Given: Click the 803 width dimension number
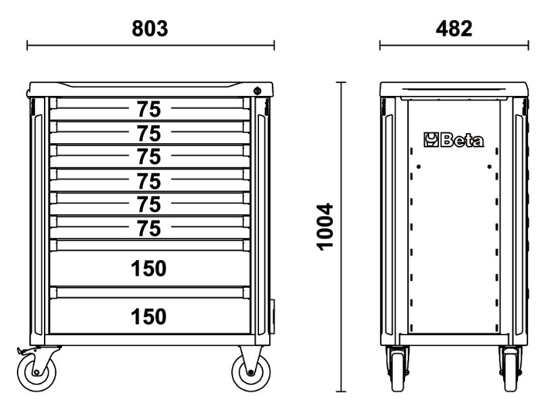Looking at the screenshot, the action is coord(149,28).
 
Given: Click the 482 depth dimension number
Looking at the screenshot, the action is coord(454,28).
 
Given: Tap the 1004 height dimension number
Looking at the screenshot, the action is coord(325,227).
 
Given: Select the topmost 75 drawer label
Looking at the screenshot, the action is coord(149,109).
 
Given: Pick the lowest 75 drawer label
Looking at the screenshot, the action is coord(149,228).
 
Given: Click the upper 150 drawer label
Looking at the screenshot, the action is coord(149,268).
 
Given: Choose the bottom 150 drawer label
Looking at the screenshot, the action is coord(149,316).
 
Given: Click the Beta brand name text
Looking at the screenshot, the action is coord(462,141).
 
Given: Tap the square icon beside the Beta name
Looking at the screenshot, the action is coord(431,140).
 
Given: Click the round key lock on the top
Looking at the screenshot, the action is coord(257,91).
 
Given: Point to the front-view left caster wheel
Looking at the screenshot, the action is coord(37,373).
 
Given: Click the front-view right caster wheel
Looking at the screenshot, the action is coord(251,373).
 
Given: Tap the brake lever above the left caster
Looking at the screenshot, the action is coord(26,351).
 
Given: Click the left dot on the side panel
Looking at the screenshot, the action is coord(419,167).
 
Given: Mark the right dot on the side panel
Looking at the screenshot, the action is coord(489,167).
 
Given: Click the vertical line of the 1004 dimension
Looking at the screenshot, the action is coord(342,237).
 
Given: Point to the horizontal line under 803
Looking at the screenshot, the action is coord(151,45).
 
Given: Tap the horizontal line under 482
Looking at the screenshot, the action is coord(454,45).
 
